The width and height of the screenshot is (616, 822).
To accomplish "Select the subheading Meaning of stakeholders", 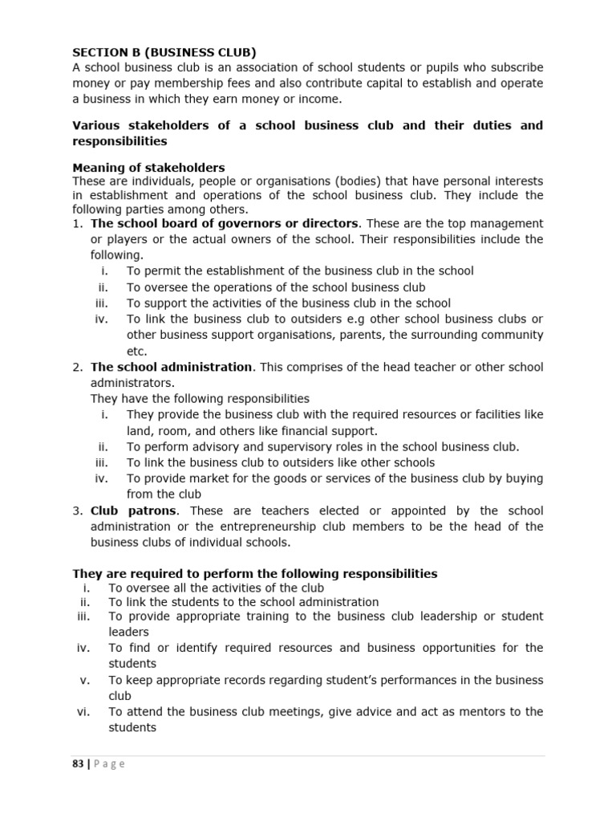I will point(149,168).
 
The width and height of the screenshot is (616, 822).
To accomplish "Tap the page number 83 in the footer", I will point(78,763).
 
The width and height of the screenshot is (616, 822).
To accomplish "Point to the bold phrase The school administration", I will point(172,367).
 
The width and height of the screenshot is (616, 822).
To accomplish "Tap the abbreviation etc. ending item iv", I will point(137,351).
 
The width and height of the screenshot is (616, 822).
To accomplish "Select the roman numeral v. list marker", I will point(87,680).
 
